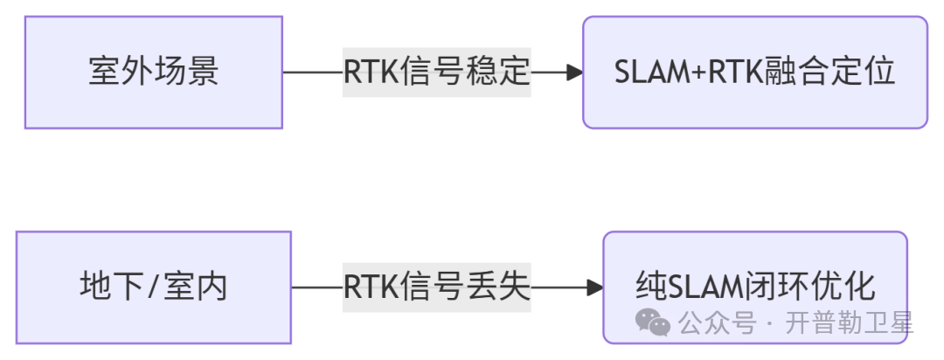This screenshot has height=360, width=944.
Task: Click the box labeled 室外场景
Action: [x=153, y=72]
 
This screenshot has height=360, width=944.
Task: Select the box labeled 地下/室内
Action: [x=153, y=287]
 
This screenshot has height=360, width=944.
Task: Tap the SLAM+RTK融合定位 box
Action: [x=754, y=72]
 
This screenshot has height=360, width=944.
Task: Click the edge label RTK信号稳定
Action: [x=436, y=72]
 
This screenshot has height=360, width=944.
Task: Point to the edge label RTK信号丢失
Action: [x=436, y=287]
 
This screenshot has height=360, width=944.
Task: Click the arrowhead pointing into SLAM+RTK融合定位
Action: [x=574, y=73]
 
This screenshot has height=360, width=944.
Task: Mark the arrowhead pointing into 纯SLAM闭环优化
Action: [x=595, y=287]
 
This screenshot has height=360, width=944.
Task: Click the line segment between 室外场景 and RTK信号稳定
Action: [x=312, y=73]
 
